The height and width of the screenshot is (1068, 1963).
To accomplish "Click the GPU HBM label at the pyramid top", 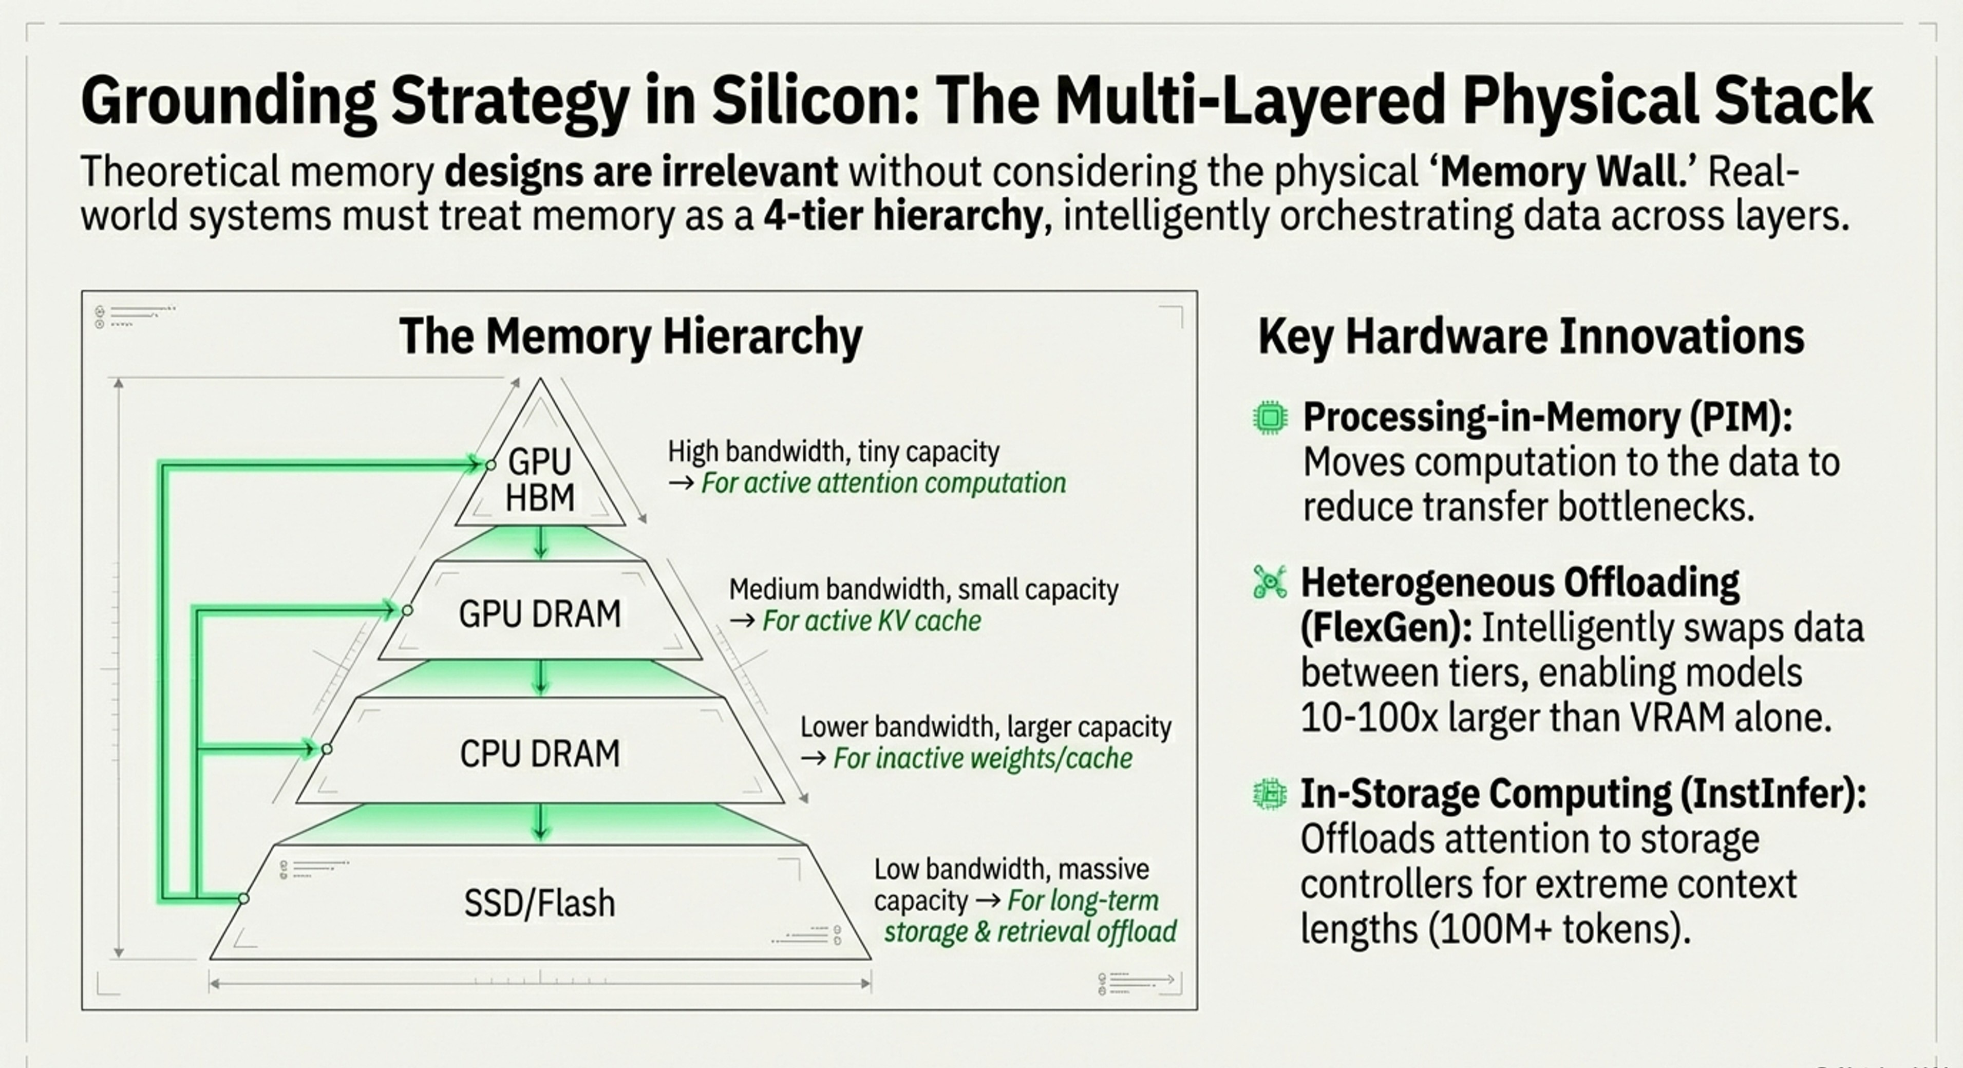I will (x=539, y=479).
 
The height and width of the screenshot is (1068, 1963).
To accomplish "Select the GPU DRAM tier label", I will (x=539, y=614).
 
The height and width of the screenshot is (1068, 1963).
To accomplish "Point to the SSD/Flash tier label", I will (x=539, y=903).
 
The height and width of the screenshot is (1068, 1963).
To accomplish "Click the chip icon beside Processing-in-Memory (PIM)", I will (x=1270, y=418).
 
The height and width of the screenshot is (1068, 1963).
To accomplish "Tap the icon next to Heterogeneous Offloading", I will (x=1270, y=583).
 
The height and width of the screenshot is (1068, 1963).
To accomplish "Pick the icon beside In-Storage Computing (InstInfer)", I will (x=1270, y=794).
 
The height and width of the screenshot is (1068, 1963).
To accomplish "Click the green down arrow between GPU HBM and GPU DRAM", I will (x=540, y=543).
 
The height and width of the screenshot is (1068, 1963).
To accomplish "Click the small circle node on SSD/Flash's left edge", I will (x=243, y=899).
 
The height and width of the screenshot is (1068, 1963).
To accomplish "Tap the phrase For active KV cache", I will (x=872, y=621).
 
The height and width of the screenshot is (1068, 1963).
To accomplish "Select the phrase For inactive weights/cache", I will (x=983, y=759).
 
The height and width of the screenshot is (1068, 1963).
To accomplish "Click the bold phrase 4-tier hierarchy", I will (x=903, y=216).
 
